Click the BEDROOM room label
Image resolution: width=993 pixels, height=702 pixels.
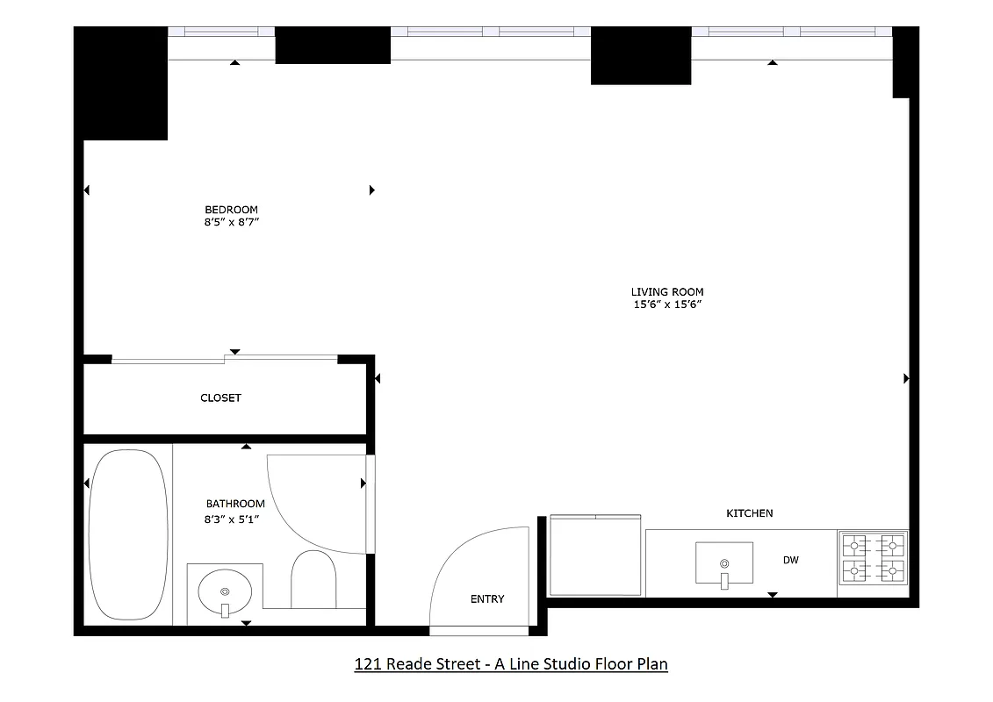pyautogui.click(x=231, y=210)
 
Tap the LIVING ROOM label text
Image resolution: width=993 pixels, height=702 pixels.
pyautogui.click(x=667, y=292)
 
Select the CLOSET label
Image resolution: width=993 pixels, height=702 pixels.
pyautogui.click(x=220, y=398)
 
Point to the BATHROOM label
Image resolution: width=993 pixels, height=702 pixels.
pyautogui.click(x=235, y=504)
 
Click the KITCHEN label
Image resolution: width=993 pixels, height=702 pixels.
pyautogui.click(x=749, y=513)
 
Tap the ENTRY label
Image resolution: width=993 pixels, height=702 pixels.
pyautogui.click(x=487, y=599)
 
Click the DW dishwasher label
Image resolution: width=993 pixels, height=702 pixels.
pyautogui.click(x=791, y=560)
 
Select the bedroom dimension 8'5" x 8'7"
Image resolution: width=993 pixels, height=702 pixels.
pyautogui.click(x=231, y=223)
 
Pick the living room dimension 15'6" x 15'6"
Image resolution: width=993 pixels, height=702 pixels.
pyautogui.click(x=667, y=305)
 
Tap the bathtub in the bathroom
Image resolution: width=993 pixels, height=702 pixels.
pyautogui.click(x=128, y=535)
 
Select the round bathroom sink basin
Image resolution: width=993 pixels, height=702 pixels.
pyautogui.click(x=225, y=594)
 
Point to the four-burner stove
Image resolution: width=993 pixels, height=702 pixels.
pyautogui.click(x=873, y=559)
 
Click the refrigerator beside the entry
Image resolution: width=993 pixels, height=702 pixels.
pyautogui.click(x=594, y=555)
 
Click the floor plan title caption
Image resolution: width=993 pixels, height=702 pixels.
pyautogui.click(x=510, y=664)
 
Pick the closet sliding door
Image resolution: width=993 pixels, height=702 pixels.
pyautogui.click(x=225, y=357)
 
